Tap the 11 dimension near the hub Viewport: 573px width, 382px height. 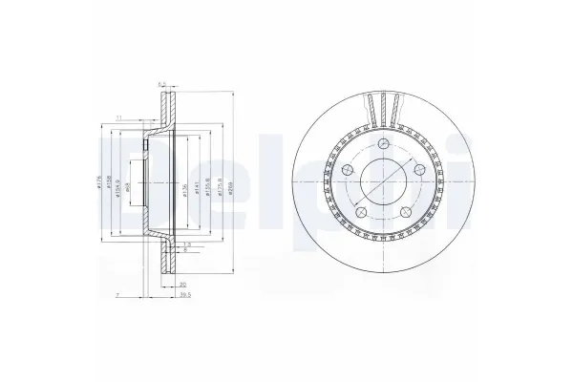click(x=118, y=117)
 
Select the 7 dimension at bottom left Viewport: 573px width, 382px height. click(x=116, y=297)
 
